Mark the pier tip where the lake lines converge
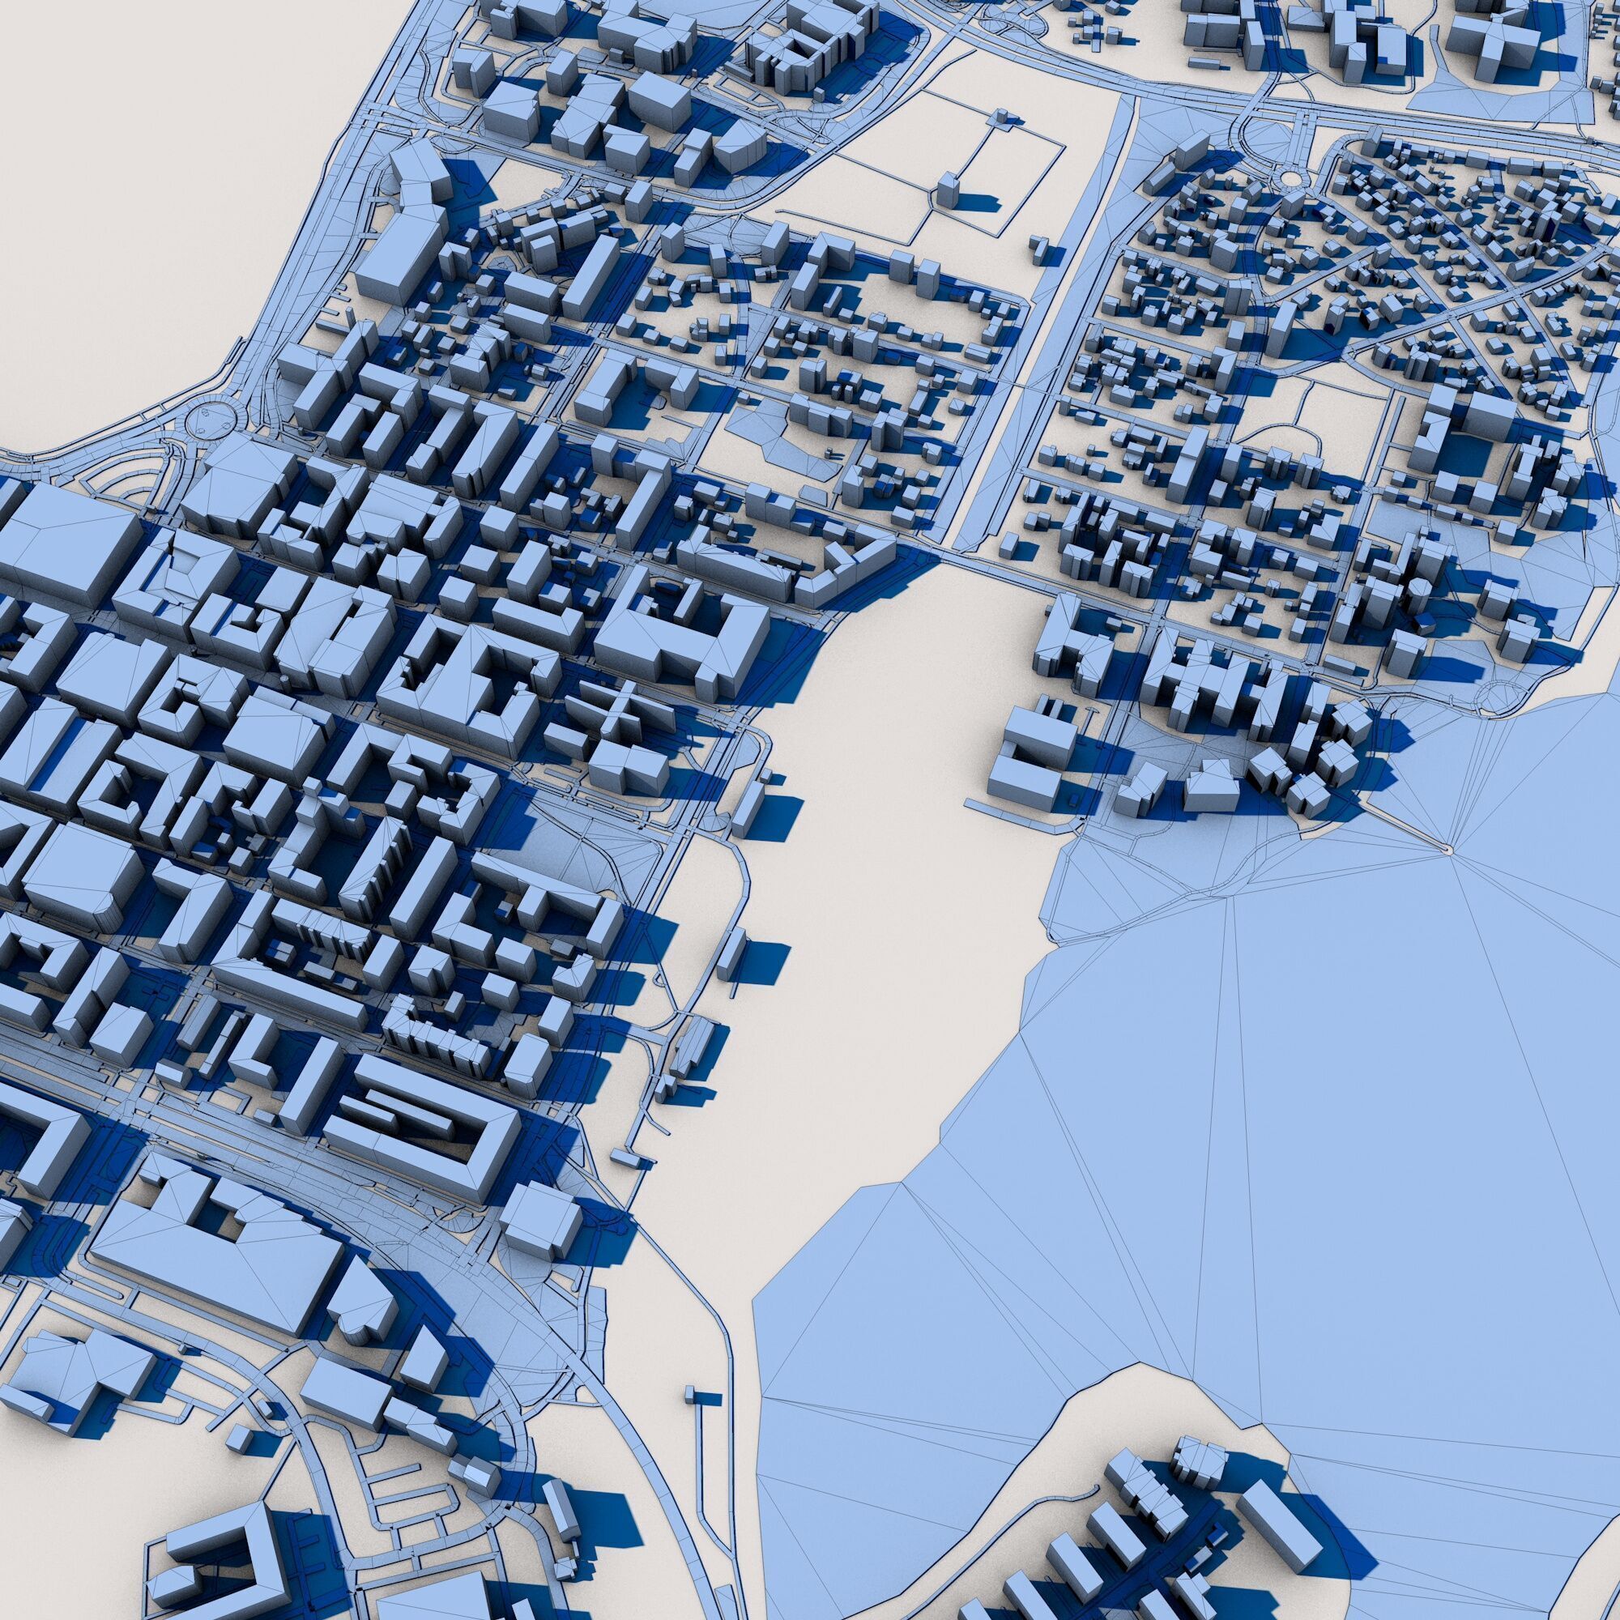click(x=1444, y=849)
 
